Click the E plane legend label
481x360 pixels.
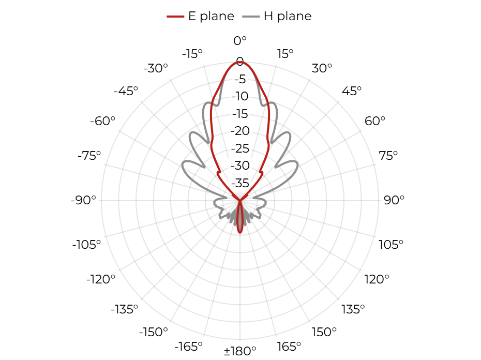pos(211,16)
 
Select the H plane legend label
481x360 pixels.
pos(288,16)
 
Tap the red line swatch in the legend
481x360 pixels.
pos(175,17)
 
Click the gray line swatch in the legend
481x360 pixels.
pos(251,17)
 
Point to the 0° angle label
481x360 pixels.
pos(240,40)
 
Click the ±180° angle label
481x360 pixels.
pos(240,351)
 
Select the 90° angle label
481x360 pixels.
pos(394,200)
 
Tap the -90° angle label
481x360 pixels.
pos(83,200)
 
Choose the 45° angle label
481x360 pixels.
pos(352,91)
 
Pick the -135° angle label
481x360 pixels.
pos(125,309)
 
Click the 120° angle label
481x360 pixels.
pos(377,279)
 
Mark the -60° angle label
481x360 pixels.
pos(102,121)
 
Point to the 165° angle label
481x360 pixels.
pos(289,347)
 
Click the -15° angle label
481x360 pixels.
pos(192,54)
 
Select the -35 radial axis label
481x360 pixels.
pos(240,183)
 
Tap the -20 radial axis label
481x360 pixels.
pos(240,131)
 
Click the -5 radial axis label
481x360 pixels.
pos(240,79)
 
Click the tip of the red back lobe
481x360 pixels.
pos(240,233)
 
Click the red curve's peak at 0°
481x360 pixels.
pos(240,62)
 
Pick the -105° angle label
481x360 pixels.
pos(86,245)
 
